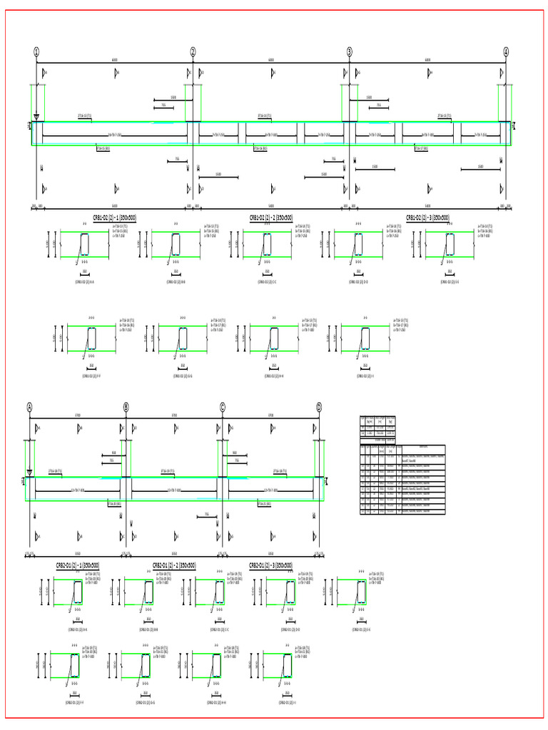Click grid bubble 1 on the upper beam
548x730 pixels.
click(x=36, y=51)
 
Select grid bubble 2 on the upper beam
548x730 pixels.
click(x=193, y=51)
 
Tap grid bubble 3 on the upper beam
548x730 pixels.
click(x=350, y=51)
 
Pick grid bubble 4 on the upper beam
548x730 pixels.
click(x=506, y=51)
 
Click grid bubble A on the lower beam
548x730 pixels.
click(x=30, y=407)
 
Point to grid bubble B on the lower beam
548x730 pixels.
click(x=126, y=407)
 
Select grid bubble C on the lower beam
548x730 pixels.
click(x=223, y=407)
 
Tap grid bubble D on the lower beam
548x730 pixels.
click(x=319, y=407)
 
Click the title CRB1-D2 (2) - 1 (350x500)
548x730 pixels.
click(x=114, y=217)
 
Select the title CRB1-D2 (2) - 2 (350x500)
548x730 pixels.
click(x=270, y=217)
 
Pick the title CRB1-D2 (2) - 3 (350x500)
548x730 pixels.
click(x=427, y=217)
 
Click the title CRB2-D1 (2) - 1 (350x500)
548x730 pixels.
click(x=78, y=565)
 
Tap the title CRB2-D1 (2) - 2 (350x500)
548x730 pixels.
click(x=174, y=565)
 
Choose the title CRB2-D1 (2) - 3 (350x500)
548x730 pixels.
click(x=270, y=565)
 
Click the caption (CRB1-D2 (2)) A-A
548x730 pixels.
click(x=85, y=282)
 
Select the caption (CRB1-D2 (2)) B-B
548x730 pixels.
click(x=176, y=282)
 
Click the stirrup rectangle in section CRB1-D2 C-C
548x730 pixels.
click(x=268, y=245)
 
